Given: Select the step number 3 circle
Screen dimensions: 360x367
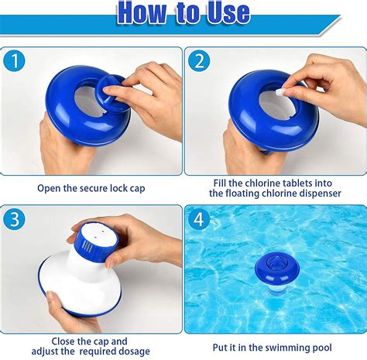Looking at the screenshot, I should pyautogui.click(x=15, y=220).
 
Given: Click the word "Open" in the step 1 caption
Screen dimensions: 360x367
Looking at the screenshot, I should pyautogui.click(x=50, y=187).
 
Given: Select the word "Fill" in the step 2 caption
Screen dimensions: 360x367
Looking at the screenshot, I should pyautogui.click(x=222, y=183).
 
